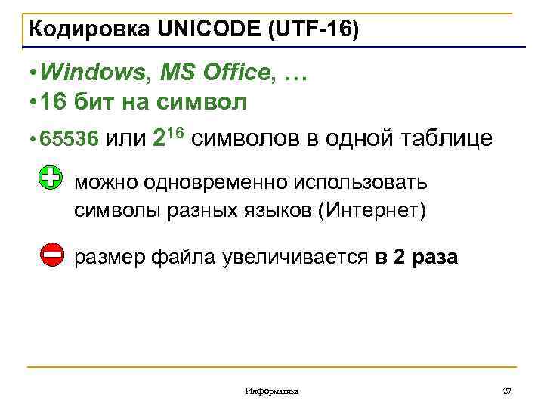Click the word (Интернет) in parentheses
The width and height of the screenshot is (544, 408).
click(372, 209)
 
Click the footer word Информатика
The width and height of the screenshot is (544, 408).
click(272, 391)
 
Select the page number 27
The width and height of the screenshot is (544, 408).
click(507, 391)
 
